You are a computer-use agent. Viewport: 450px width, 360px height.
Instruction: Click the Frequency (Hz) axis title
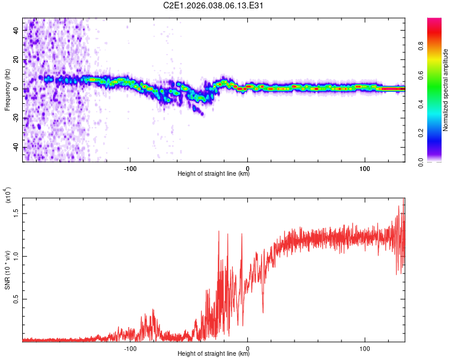pos(7,91)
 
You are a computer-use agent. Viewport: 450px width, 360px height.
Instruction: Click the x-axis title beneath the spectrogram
pos(214,174)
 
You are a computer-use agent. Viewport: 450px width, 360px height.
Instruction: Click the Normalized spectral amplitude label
pos(446,91)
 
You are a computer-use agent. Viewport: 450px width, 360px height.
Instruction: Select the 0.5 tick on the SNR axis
pos(16,299)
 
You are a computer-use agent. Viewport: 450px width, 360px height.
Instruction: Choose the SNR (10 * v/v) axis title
pos(7,268)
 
